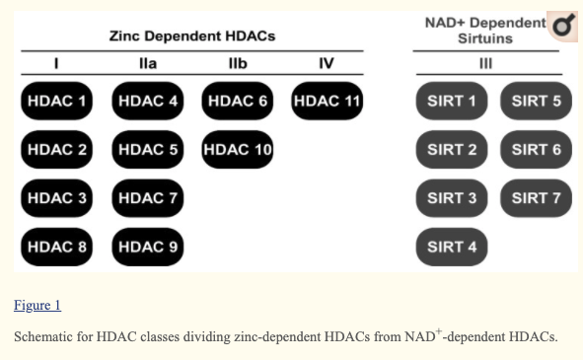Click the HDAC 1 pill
tap(56, 101)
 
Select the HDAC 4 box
tap(148, 101)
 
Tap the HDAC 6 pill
tap(237, 101)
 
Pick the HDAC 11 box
tap(328, 101)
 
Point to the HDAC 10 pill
tap(237, 150)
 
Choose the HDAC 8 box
tap(56, 247)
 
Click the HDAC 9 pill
tap(148, 247)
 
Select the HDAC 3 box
tap(56, 198)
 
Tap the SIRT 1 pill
tap(452, 101)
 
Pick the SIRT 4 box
tap(452, 247)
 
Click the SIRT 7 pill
tap(537, 198)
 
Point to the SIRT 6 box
tap(537, 150)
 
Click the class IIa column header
tap(148, 63)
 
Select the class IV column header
tap(327, 63)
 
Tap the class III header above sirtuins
tap(485, 63)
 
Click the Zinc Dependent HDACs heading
tap(192, 36)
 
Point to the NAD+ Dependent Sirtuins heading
tap(485, 31)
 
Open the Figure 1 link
tap(37, 305)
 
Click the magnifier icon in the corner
tap(563, 26)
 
